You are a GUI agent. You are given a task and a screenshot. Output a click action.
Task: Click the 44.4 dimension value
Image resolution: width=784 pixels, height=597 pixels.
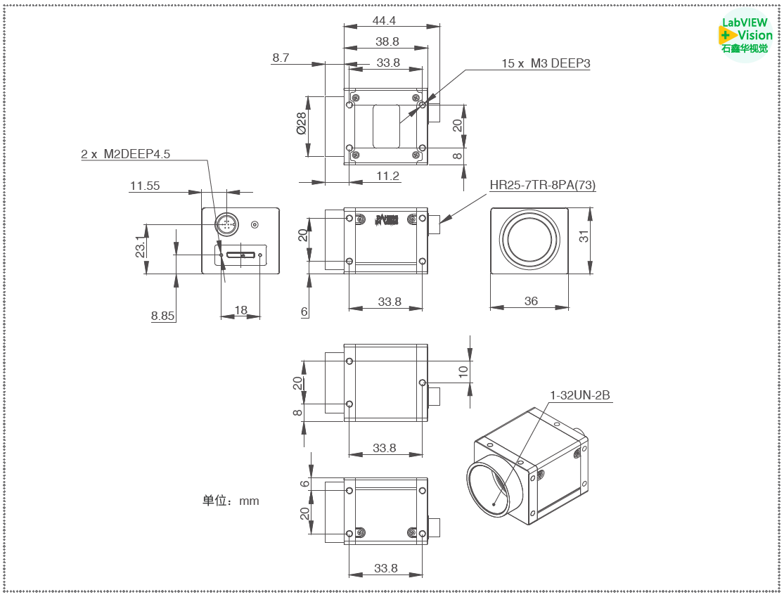click(384, 20)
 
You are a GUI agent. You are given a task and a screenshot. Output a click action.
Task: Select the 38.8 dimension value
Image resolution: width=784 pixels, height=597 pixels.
click(387, 41)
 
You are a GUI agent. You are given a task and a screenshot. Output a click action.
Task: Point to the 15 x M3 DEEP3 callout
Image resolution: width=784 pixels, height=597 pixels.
click(545, 63)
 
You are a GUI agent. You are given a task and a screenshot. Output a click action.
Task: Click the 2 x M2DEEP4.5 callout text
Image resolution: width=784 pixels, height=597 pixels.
click(125, 153)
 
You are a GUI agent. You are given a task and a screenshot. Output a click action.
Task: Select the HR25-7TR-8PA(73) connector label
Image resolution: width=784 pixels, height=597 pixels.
click(543, 186)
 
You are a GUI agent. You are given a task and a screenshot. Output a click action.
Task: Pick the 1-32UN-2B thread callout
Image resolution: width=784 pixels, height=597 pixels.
click(579, 395)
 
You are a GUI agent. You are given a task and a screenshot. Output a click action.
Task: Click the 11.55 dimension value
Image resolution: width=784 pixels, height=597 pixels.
click(144, 186)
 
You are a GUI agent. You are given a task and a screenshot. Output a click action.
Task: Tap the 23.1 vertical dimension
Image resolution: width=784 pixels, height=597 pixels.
click(140, 248)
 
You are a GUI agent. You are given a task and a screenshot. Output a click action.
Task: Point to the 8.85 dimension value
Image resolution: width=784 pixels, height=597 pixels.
click(162, 316)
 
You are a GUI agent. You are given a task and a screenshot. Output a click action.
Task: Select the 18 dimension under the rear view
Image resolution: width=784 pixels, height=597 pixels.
click(240, 310)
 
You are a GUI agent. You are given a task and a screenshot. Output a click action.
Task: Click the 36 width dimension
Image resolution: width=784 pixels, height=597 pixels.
click(531, 301)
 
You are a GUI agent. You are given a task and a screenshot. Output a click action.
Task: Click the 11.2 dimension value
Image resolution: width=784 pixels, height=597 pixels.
click(387, 176)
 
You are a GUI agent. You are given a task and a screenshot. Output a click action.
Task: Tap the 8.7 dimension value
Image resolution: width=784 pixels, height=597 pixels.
click(281, 58)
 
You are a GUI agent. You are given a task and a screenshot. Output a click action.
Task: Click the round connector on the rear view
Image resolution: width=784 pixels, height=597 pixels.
click(226, 224)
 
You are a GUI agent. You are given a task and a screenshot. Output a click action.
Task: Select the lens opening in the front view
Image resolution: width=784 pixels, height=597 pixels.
click(529, 240)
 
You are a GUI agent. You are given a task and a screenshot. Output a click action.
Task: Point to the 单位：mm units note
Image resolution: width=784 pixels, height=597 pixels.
click(231, 501)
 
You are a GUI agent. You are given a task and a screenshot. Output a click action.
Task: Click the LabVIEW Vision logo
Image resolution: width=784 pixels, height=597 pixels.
click(746, 36)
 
